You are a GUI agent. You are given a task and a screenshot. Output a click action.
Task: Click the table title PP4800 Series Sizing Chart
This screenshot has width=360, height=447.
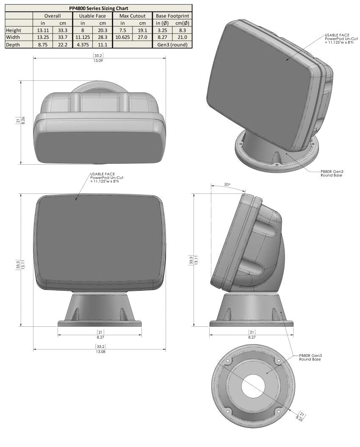pyautogui.click(x=99, y=8)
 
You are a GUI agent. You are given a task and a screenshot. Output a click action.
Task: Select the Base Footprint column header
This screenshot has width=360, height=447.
pyautogui.click(x=172, y=16)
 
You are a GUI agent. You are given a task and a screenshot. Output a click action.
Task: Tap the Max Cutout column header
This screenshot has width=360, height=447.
pyautogui.click(x=132, y=16)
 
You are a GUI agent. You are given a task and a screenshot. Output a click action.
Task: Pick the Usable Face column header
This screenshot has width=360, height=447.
pyautogui.click(x=92, y=16)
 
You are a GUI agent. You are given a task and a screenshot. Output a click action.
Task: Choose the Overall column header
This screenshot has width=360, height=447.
pyautogui.click(x=53, y=16)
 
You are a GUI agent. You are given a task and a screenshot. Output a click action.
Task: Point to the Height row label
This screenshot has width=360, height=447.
pyautogui.click(x=14, y=30)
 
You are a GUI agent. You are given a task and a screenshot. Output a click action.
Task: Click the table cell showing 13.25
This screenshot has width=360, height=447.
pyautogui.click(x=43, y=37)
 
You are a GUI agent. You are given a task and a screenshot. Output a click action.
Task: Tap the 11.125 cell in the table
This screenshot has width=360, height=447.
pyautogui.click(x=83, y=37)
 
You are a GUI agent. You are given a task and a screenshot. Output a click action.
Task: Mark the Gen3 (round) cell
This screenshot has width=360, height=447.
pyautogui.click(x=172, y=44)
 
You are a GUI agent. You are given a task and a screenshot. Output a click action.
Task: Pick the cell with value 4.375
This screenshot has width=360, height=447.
pyautogui.click(x=83, y=44)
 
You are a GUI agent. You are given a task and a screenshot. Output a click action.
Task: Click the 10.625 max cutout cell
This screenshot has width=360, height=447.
pyautogui.click(x=122, y=37)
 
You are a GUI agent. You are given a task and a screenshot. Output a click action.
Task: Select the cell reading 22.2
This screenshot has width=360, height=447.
pyautogui.click(x=63, y=44)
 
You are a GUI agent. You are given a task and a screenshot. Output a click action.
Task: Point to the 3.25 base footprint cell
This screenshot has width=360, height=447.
pyautogui.click(x=162, y=30)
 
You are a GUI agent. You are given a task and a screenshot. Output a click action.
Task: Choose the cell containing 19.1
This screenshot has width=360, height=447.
pyautogui.click(x=142, y=30)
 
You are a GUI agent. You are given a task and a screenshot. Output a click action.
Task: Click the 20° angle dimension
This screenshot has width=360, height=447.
pyautogui.click(x=227, y=185)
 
